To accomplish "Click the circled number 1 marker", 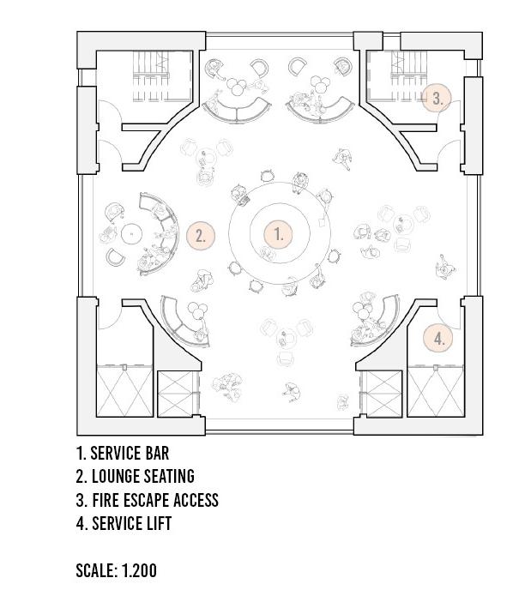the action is pos(278,233).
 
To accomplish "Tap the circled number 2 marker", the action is pos(201,236).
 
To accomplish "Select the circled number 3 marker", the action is pos(437,98).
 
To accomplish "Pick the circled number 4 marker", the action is pos(439,338).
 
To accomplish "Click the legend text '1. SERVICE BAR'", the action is pos(129,453).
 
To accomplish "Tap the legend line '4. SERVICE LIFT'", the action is pos(124,522).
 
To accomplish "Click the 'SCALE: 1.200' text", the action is pos(116,569).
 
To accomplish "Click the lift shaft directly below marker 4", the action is pos(434,391).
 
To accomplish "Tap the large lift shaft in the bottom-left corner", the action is pos(124,391).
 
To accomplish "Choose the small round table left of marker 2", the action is pos(130,233).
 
